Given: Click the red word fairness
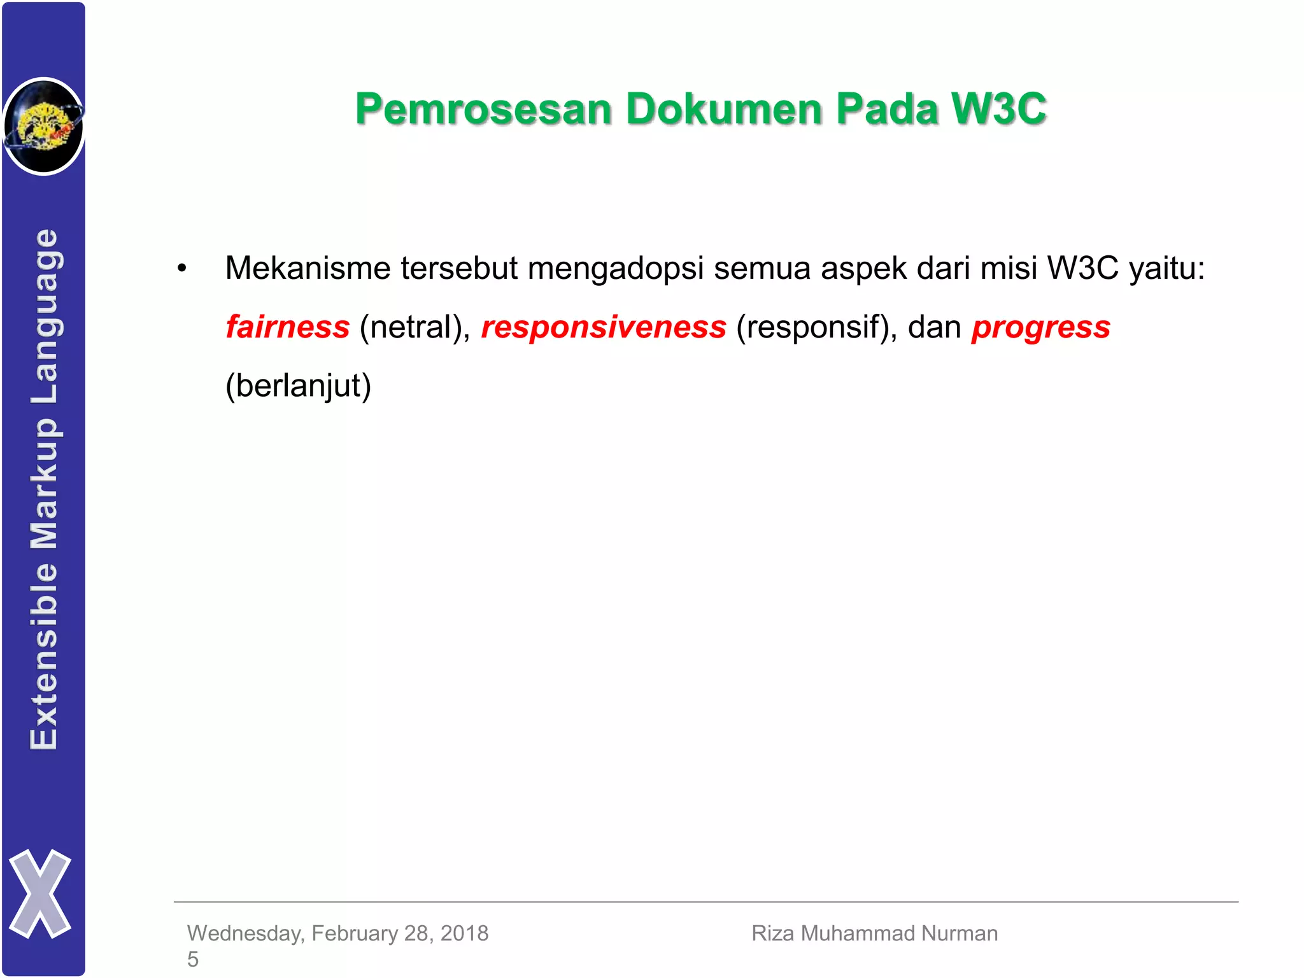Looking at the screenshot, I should pyautogui.click(x=288, y=327).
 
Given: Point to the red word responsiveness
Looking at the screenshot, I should pyautogui.click(x=604, y=327).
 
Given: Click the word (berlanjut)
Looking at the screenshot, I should pyautogui.click(x=298, y=386).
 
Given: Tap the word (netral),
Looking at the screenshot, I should pyautogui.click(x=415, y=327).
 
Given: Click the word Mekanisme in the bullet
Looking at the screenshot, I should pyautogui.click(x=308, y=268).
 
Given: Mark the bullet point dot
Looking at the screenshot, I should pyautogui.click(x=182, y=268).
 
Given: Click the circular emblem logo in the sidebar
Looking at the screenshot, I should pyautogui.click(x=43, y=126).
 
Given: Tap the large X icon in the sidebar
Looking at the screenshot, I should pyautogui.click(x=40, y=893).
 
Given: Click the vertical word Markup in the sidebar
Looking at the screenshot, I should pyautogui.click(x=45, y=484).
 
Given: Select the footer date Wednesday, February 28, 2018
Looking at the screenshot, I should pyautogui.click(x=337, y=933).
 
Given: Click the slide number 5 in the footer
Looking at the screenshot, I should pyautogui.click(x=193, y=959).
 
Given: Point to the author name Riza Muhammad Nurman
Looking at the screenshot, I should pyautogui.click(x=874, y=933).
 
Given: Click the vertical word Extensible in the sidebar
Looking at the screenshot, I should pyautogui.click(x=45, y=656).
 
